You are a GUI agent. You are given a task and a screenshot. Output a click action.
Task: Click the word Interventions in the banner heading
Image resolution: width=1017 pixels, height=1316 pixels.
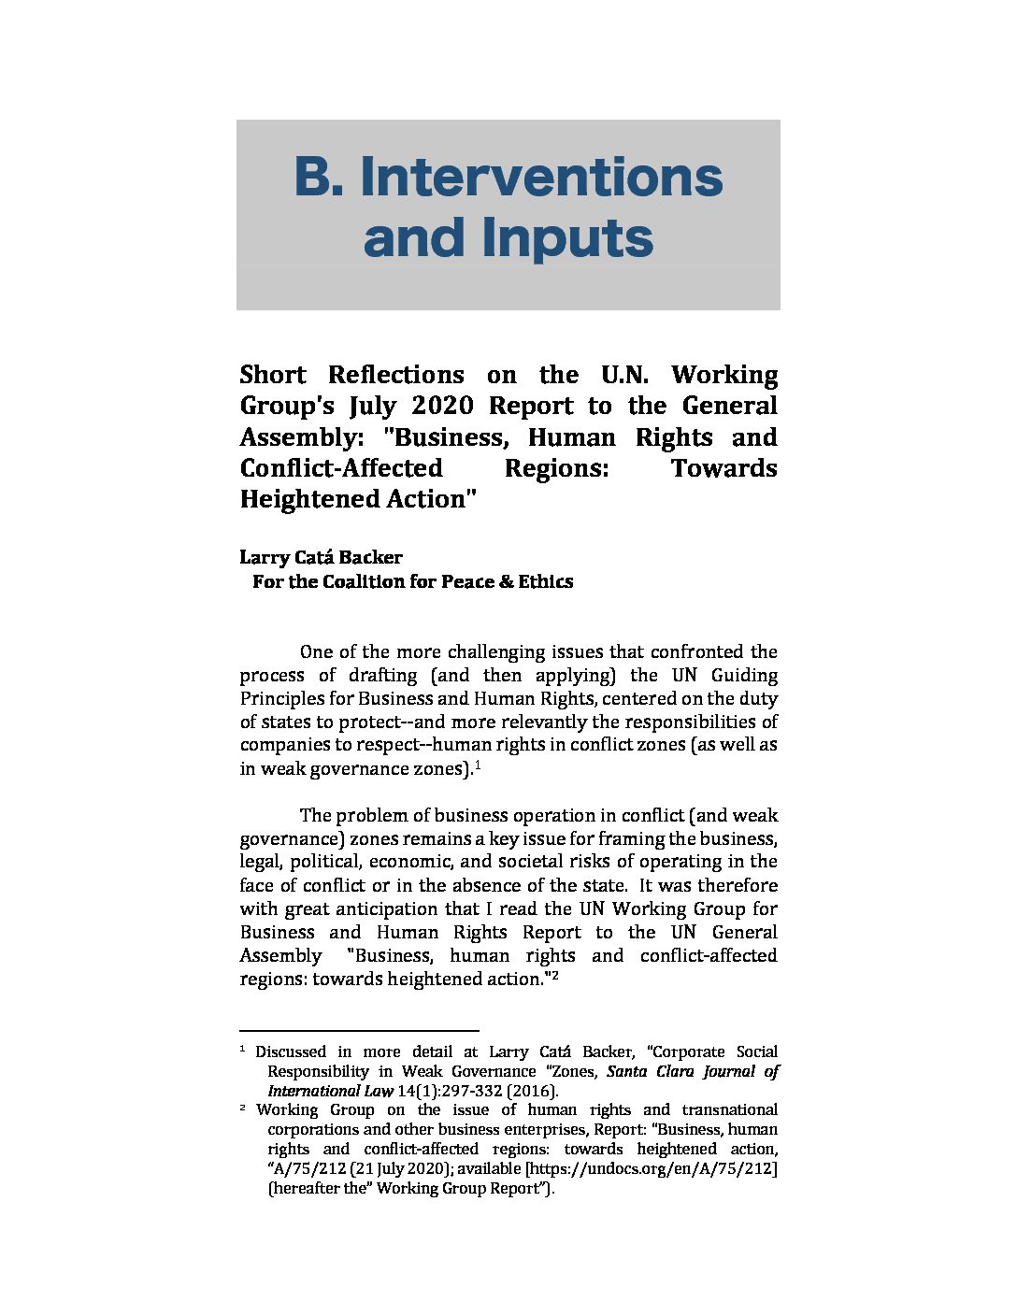[x=541, y=177]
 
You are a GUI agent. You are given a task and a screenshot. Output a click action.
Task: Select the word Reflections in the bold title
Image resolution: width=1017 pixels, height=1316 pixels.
[x=395, y=375]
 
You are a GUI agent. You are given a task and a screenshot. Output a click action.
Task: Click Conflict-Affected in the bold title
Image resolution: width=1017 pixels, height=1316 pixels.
[x=341, y=468]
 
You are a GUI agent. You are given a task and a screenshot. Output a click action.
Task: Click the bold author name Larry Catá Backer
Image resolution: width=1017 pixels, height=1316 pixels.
[x=321, y=557]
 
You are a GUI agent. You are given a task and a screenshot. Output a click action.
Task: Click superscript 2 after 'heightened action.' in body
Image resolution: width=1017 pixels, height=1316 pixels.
[x=554, y=975]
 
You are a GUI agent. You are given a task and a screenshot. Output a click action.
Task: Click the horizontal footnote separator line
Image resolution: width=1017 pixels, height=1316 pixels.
[x=359, y=1028]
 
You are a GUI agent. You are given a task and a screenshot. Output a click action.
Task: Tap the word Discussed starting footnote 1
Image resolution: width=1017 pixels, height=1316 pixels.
[x=291, y=1051]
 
